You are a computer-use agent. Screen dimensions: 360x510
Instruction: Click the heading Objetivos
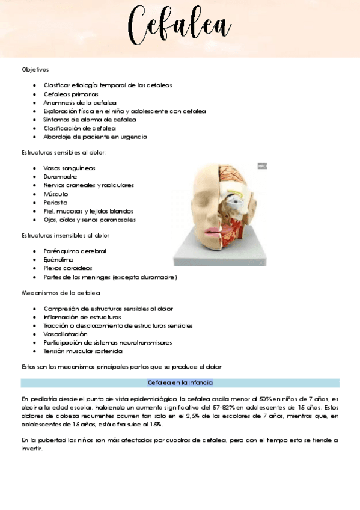pyautogui.click(x=35, y=70)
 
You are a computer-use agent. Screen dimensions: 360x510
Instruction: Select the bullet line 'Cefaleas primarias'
pyautogui.click(x=70, y=94)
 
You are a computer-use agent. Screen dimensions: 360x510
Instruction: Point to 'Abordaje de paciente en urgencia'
pyautogui.click(x=95, y=137)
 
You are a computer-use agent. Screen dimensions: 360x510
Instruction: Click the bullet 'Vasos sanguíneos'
pyautogui.click(x=69, y=168)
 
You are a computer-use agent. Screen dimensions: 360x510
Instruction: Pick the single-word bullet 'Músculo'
pyautogui.click(x=56, y=194)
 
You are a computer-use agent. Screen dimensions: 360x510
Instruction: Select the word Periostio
pyautogui.click(x=57, y=203)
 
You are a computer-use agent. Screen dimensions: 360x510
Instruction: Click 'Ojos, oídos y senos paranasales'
pyautogui.click(x=90, y=220)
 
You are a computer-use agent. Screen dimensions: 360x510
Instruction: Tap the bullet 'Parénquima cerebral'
pyautogui.click(x=75, y=251)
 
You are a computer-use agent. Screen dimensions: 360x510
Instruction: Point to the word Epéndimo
pyautogui.click(x=58, y=259)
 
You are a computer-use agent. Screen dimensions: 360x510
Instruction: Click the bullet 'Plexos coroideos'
pyautogui.click(x=69, y=268)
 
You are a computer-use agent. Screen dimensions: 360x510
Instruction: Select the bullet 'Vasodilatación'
pyautogui.click(x=65, y=334)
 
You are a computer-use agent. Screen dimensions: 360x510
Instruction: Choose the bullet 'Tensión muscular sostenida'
pyautogui.click(x=83, y=351)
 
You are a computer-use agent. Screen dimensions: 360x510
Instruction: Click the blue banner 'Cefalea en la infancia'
pyautogui.click(x=180, y=382)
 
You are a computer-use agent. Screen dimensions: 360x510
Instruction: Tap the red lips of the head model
pyautogui.click(x=215, y=232)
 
